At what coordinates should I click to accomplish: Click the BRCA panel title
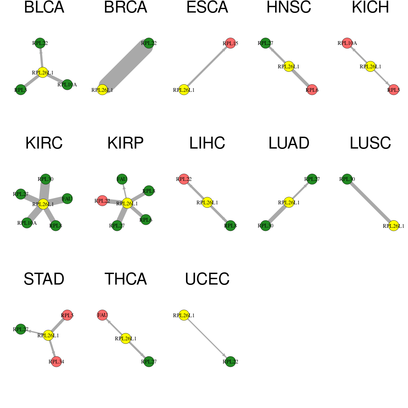(x=125, y=7)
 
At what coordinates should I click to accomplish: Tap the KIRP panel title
(x=125, y=143)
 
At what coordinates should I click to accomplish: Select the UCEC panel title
(x=207, y=279)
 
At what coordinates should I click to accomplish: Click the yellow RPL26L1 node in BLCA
(x=43, y=72)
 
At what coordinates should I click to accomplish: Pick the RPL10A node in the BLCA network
(x=67, y=85)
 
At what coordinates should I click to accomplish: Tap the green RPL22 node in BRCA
(x=149, y=43)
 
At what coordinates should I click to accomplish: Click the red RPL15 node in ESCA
(x=231, y=43)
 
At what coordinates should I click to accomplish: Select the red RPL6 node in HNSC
(x=312, y=90)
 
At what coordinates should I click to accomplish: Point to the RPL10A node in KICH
(x=347, y=43)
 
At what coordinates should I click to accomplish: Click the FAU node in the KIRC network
(x=67, y=199)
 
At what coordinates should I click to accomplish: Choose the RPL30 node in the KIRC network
(x=46, y=179)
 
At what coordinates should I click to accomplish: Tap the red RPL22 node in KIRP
(x=102, y=201)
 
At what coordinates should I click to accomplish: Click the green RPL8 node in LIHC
(x=231, y=226)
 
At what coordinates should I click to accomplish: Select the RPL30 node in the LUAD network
(x=266, y=226)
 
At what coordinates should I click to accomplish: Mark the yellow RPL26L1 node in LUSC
(x=394, y=226)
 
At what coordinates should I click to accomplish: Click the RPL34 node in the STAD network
(x=56, y=362)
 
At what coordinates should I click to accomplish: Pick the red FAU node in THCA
(x=102, y=315)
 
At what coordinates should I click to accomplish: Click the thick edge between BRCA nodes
(x=125, y=67)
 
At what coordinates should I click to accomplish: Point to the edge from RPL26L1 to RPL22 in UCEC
(x=207, y=338)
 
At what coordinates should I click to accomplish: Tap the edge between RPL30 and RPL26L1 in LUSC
(x=370, y=202)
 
